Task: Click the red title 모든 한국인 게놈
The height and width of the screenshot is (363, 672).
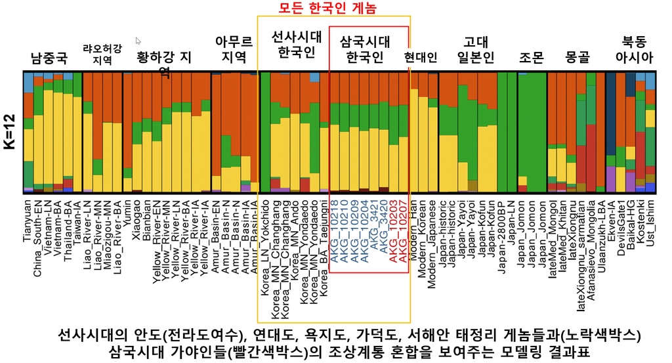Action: (x=333, y=8)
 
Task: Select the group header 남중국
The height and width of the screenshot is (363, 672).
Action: (x=49, y=58)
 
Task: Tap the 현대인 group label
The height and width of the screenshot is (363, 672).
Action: (x=421, y=58)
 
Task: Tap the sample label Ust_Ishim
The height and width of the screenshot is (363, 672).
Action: (x=650, y=221)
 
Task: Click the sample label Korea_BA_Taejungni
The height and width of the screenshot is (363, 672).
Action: (x=325, y=243)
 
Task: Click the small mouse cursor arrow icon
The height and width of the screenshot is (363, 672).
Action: (x=138, y=41)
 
